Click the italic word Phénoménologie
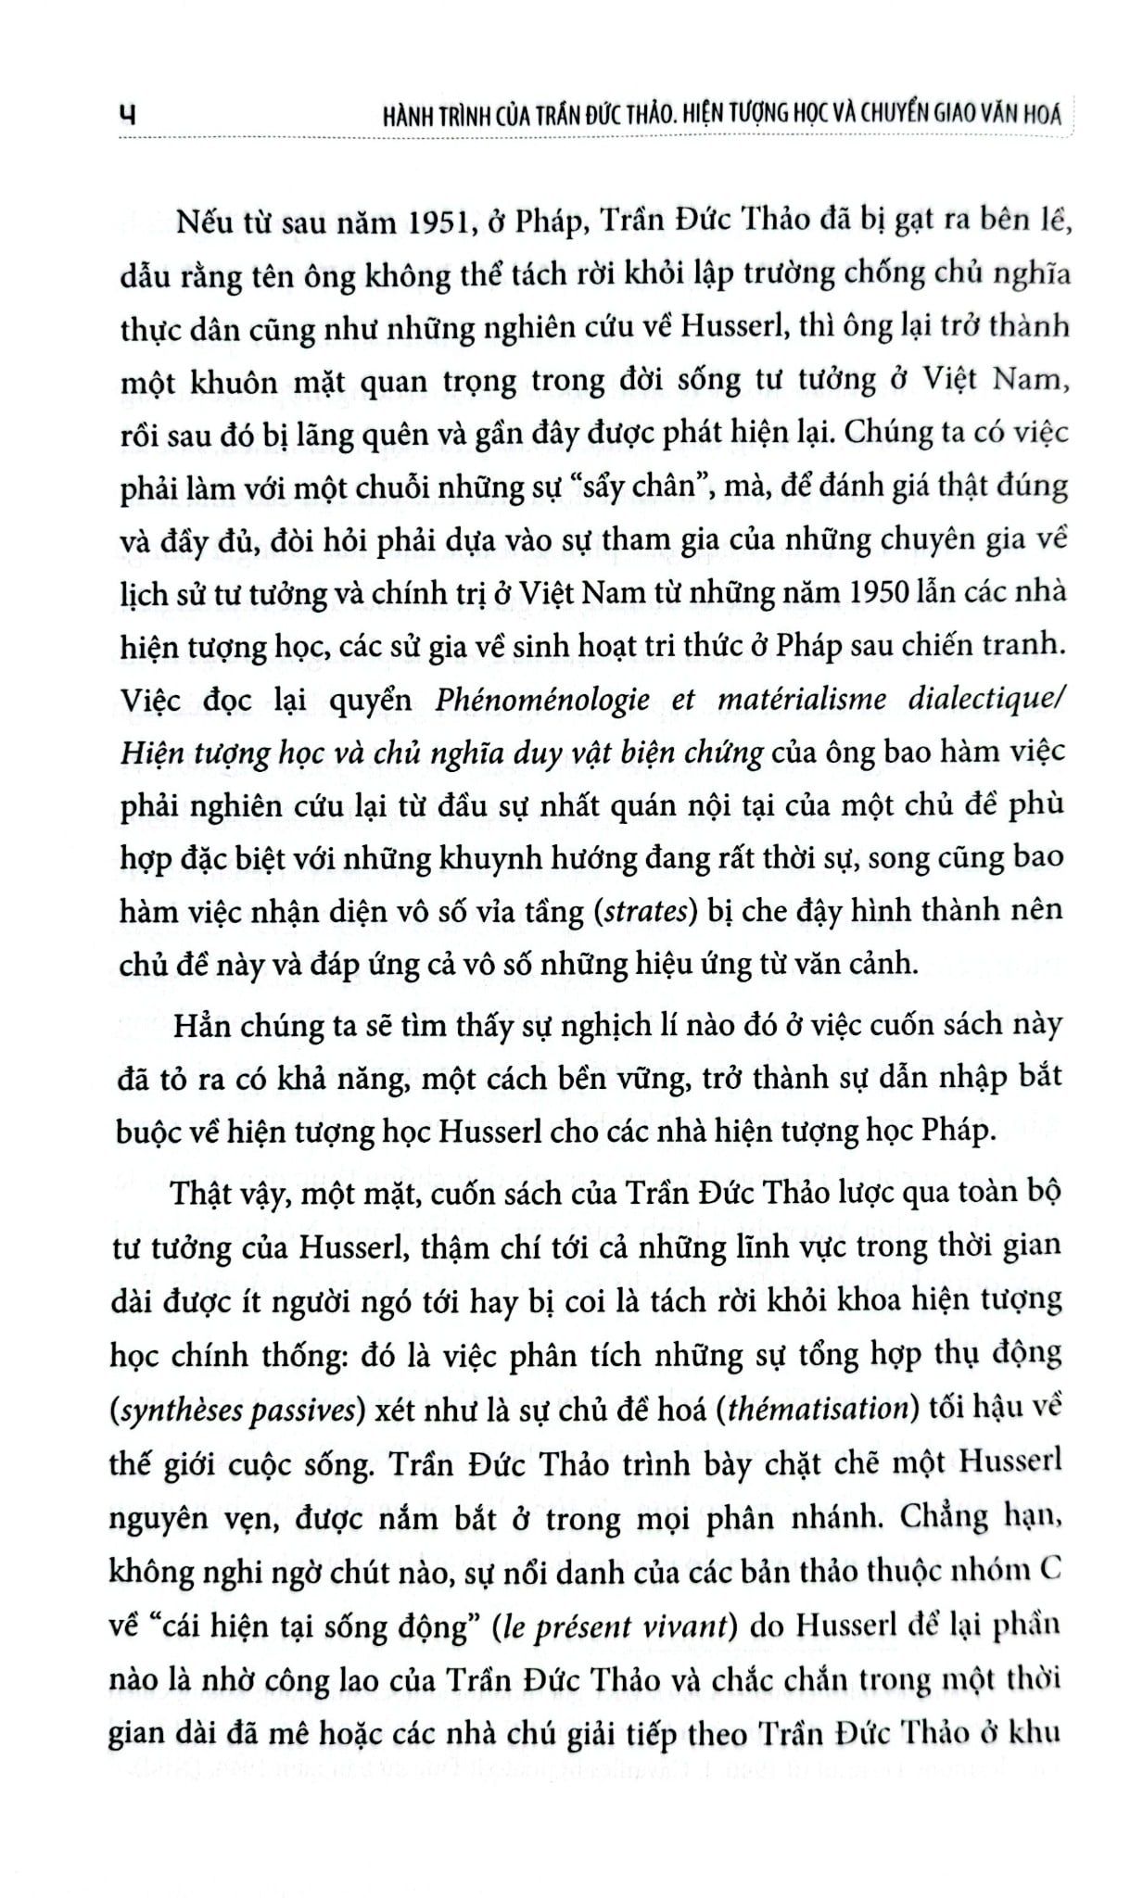coord(542,699)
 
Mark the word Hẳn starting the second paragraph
coord(199,1025)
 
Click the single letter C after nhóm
coord(1046,1571)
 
